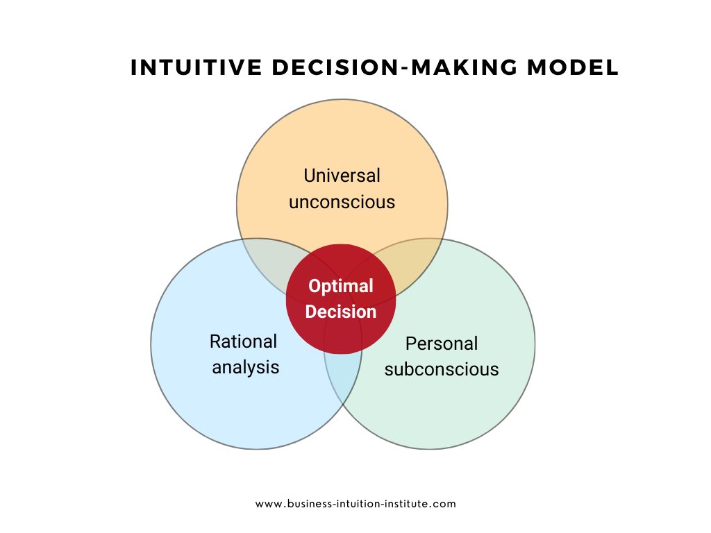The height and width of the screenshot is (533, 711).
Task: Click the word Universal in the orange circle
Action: click(342, 176)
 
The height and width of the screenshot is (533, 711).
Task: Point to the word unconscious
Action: click(342, 202)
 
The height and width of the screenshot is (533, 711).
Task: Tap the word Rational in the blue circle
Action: click(243, 341)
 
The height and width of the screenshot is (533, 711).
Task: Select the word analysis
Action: click(246, 366)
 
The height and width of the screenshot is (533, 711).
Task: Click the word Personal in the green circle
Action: click(442, 344)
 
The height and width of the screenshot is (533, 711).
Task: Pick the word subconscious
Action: click(442, 369)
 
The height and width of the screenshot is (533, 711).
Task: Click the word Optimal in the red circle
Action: click(341, 286)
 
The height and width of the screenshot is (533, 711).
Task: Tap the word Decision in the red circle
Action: click(341, 312)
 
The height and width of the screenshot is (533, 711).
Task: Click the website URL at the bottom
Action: click(355, 504)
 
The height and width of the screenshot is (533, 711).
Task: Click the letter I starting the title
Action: click(134, 67)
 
